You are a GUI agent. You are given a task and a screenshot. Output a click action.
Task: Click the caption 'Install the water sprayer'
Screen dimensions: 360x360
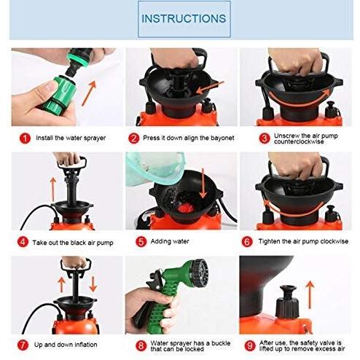coord(70,138)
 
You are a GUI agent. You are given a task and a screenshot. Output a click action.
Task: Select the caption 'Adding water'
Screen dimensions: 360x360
coord(170,241)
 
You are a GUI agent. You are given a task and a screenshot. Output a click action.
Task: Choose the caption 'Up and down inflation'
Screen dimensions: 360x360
coord(67,344)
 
